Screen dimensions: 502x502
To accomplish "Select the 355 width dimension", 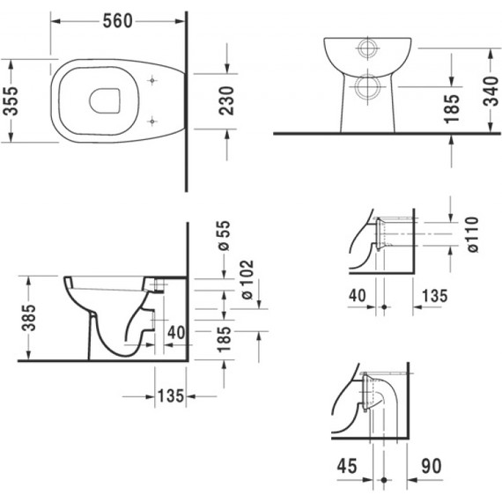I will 11,101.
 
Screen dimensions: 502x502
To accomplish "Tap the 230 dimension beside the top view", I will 227,101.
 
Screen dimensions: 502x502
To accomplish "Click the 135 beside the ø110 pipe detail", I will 432,296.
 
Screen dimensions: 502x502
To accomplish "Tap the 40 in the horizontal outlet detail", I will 357,296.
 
